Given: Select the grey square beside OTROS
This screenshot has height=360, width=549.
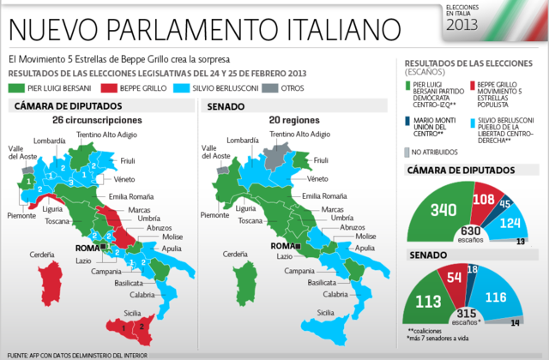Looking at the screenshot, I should pyautogui.click(x=245, y=87).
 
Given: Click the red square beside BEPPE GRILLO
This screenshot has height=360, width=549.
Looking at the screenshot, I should pyautogui.click(x=107, y=87).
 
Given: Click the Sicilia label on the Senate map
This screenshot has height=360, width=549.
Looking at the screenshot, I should pyautogui.click(x=324, y=313).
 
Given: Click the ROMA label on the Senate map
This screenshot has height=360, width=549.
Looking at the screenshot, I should pyautogui.click(x=281, y=246).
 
